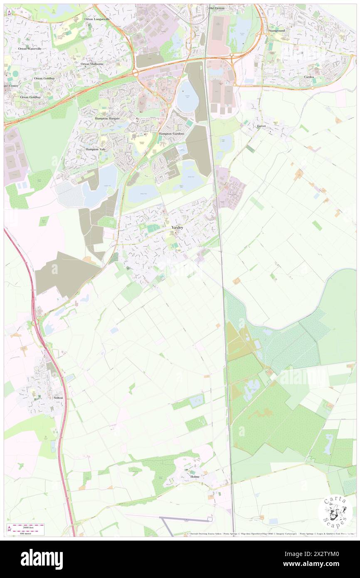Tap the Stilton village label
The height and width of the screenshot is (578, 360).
coord(58,398)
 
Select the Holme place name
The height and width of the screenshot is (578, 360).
coord(195,477)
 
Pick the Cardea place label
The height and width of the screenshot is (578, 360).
coord(309,77)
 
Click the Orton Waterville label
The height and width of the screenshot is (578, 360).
coord(30,49)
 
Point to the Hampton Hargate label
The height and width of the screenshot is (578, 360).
coord(107,119)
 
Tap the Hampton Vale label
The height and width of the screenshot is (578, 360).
coord(96,149)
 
